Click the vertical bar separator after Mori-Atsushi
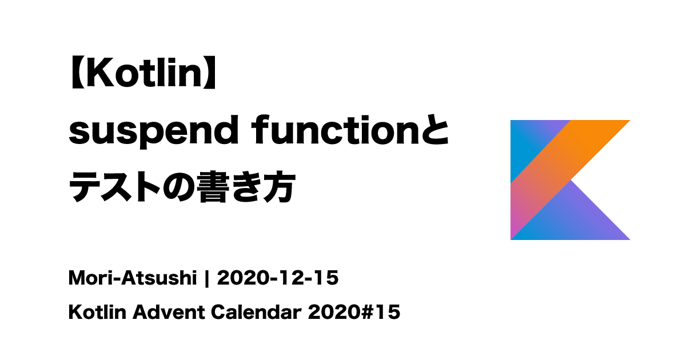(207, 279)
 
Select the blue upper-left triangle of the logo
(529, 140)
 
